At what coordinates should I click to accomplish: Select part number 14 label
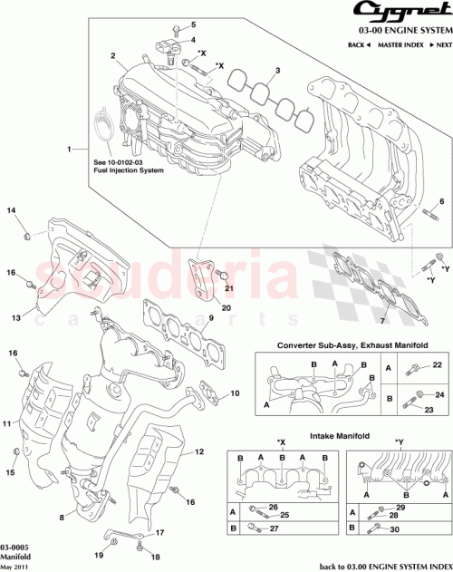click(x=13, y=211)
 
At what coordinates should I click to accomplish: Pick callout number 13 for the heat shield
click(x=15, y=318)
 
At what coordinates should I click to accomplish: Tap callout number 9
click(x=209, y=317)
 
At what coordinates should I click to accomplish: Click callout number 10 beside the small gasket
click(x=236, y=393)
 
